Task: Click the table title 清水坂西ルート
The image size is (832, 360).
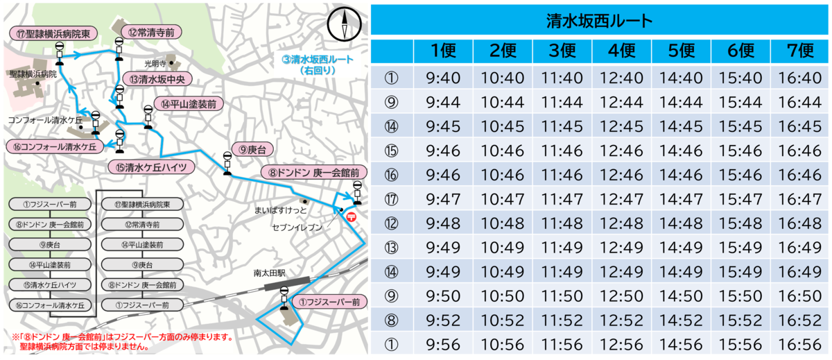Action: (x=600, y=20)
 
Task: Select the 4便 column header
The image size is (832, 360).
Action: (x=622, y=51)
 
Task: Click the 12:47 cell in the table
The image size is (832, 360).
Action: (x=622, y=200)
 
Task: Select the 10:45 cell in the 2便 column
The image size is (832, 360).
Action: (x=503, y=126)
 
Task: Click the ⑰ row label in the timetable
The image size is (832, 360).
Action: (x=392, y=200)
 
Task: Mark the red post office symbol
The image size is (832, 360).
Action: (x=352, y=216)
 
